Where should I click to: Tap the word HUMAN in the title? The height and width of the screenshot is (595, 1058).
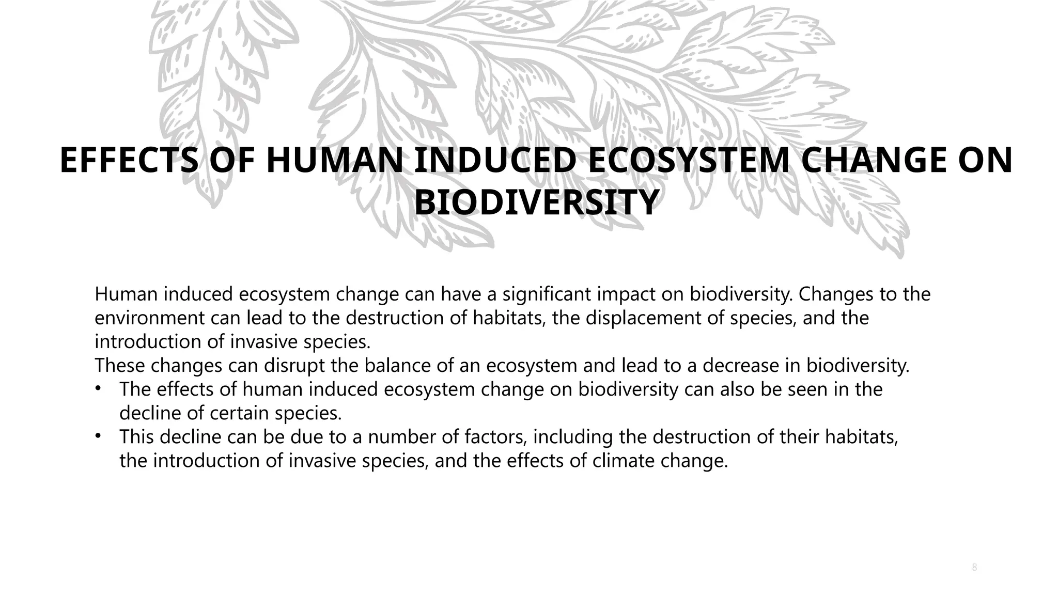pos(334,161)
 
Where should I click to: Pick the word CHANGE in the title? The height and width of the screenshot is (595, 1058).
pos(868,161)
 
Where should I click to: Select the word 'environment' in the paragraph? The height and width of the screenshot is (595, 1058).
pos(150,318)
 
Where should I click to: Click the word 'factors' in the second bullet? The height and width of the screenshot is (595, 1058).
pos(495,437)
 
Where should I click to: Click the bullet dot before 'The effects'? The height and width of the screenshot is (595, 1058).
pos(98,389)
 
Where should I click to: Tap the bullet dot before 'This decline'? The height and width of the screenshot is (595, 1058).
pos(98,436)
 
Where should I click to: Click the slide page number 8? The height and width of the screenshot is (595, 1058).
pos(974,568)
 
